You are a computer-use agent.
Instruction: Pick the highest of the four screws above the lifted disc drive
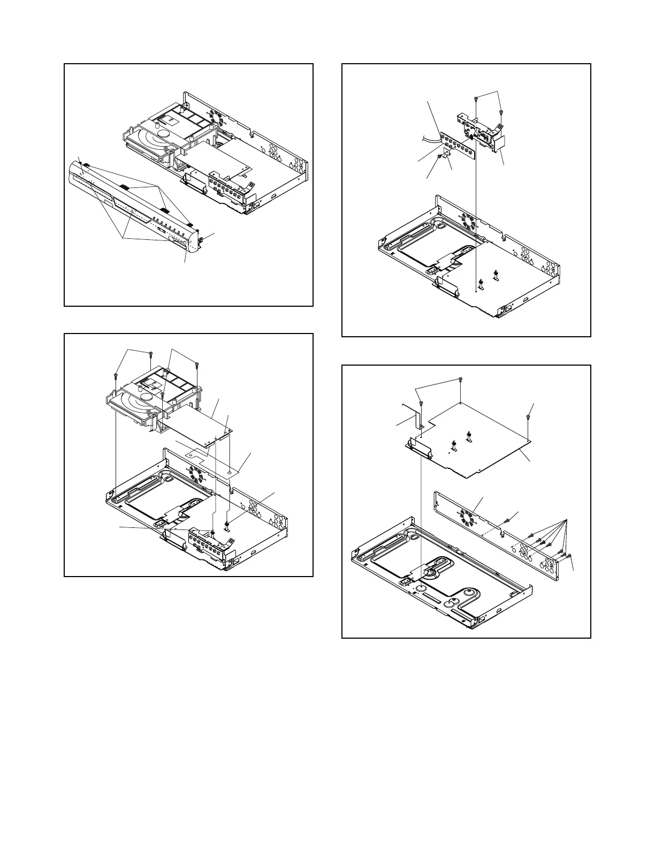[151, 353]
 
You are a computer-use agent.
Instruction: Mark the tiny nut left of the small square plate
[439, 157]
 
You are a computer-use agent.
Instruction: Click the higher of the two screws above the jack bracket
[476, 99]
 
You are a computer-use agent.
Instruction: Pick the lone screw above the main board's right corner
[529, 417]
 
